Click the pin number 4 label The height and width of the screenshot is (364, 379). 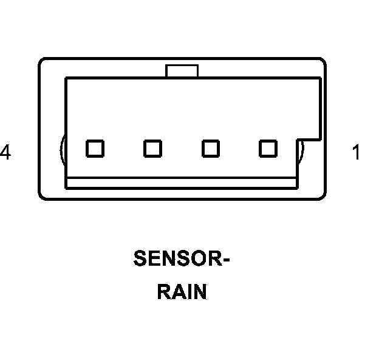pyautogui.click(x=5, y=152)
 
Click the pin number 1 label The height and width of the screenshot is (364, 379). pyautogui.click(x=356, y=152)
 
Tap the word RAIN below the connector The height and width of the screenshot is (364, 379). pyautogui.click(x=182, y=292)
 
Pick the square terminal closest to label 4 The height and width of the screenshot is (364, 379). pyautogui.click(x=95, y=148)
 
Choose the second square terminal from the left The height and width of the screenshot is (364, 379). pyautogui.click(x=152, y=148)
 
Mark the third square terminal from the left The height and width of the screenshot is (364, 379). pyautogui.click(x=210, y=148)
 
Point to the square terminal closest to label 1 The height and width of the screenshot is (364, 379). pyautogui.click(x=268, y=148)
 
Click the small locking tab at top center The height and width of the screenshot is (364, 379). pyautogui.click(x=182, y=71)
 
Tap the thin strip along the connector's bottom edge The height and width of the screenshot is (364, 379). pyautogui.click(x=182, y=183)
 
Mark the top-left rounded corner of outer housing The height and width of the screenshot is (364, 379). pyautogui.click(x=43, y=62)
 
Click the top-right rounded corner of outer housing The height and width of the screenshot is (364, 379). pyautogui.click(x=322, y=62)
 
